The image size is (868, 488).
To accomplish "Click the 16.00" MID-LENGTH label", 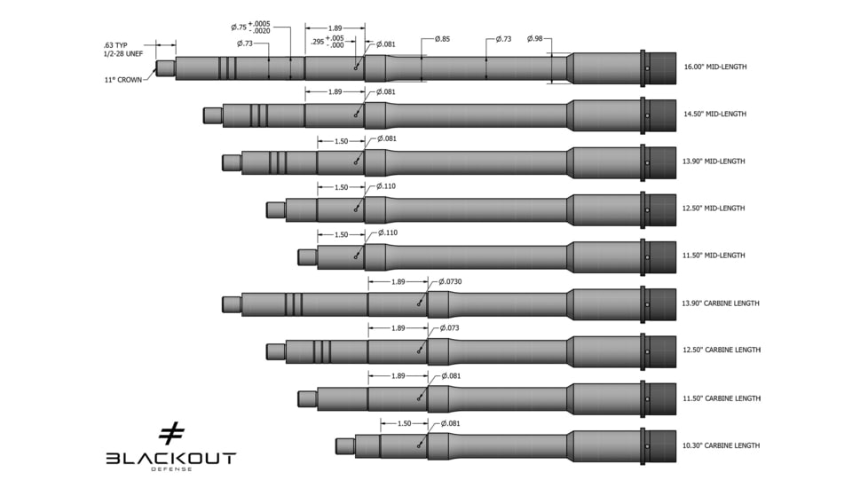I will [714, 67].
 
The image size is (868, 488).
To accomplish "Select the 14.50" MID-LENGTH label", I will [714, 114].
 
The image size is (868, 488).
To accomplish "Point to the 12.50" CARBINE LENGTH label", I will [721, 350].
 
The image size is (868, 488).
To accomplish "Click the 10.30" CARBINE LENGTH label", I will [721, 445].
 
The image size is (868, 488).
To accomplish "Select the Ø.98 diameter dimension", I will [535, 39].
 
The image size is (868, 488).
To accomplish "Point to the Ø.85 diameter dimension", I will [441, 39].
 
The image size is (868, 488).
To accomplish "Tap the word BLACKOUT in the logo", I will [170, 458].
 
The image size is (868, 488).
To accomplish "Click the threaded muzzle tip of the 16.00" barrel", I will [165, 67].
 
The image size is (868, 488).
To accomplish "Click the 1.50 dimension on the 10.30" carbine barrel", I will [404, 424].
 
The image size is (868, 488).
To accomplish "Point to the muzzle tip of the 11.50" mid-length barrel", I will [307, 256].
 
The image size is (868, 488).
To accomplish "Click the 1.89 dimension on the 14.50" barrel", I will [335, 92].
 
